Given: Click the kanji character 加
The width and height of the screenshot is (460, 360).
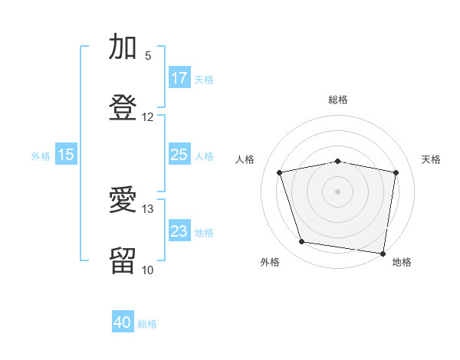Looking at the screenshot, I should click(123, 47).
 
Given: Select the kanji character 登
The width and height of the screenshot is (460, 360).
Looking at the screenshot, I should click(123, 108).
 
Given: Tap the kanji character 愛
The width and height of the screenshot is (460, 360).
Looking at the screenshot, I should click(123, 201).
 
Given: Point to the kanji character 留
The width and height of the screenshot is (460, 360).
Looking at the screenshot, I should click(123, 261).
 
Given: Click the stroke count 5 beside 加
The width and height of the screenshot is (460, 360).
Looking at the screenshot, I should click(148, 56).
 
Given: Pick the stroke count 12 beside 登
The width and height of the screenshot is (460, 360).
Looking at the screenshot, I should click(148, 117).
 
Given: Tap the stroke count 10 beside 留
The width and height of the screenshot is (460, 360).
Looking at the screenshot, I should click(148, 270).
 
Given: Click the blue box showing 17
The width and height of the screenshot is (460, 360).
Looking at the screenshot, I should click(179, 78).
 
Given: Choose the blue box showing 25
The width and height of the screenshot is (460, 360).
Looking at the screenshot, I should click(179, 155).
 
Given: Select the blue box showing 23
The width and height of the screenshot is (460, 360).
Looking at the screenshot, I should click(179, 231).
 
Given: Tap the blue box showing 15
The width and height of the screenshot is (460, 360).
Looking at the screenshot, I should click(66, 155).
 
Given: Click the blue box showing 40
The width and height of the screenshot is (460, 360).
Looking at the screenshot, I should click(123, 322).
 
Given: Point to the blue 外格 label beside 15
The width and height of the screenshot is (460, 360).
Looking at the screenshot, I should click(41, 155).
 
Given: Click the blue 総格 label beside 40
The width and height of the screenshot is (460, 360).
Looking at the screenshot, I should click(147, 324).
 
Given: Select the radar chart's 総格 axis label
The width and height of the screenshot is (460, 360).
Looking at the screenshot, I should click(338, 100).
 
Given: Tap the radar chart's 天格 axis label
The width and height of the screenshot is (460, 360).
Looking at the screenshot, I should click(432, 159).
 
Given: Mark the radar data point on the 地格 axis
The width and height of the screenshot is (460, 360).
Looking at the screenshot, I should click(383, 253).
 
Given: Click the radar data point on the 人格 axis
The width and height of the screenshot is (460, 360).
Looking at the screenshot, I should click(280, 172).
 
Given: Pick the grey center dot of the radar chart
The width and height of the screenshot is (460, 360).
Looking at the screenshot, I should click(338, 191).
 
